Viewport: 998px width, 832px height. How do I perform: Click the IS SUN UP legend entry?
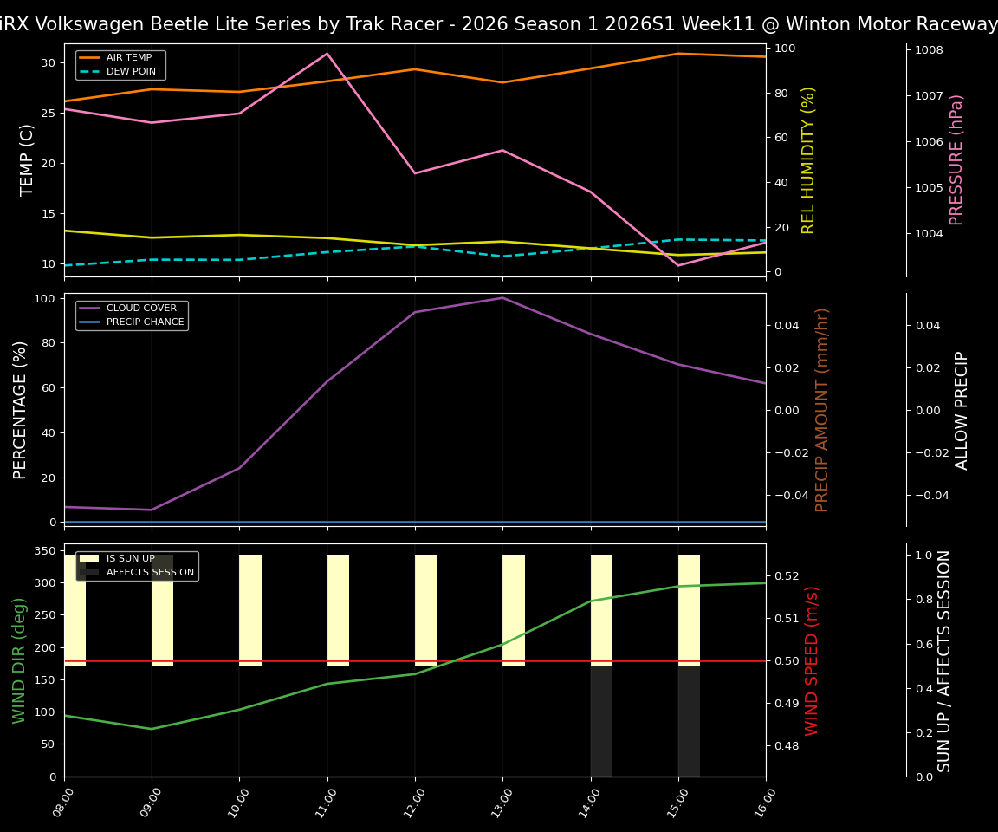[x=130, y=559]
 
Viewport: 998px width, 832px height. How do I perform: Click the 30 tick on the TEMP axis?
[x=46, y=63]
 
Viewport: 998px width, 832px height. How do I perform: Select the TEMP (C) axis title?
[x=28, y=159]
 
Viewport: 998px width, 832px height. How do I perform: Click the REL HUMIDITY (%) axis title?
[x=809, y=159]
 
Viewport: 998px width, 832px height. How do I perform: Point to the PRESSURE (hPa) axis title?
[x=956, y=159]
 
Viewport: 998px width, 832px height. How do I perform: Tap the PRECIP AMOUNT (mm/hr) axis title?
[x=823, y=409]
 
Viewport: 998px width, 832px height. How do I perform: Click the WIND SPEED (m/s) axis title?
[x=812, y=660]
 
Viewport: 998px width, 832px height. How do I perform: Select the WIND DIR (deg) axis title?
[x=19, y=660]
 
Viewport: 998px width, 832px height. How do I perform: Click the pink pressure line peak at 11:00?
[x=327, y=54]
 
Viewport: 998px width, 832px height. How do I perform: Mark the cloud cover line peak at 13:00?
[x=502, y=298]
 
